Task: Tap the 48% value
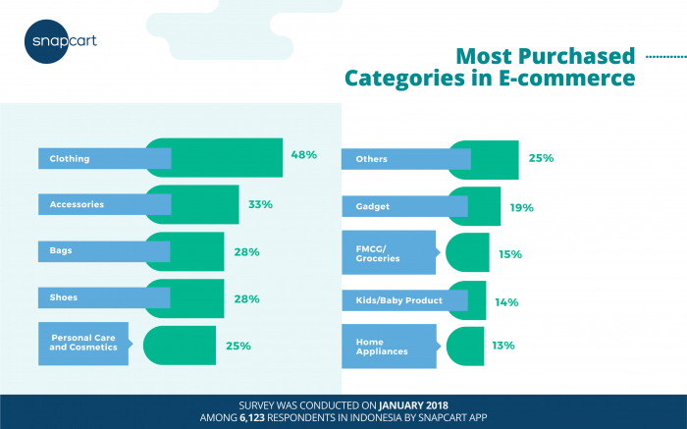[303, 155]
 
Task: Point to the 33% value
[260, 204]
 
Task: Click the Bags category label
[61, 250]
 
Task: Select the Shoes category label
[64, 295]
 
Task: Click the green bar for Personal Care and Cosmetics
[181, 346]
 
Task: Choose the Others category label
[374, 159]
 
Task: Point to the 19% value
[521, 207]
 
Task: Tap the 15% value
[509, 254]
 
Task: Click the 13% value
[503, 346]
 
